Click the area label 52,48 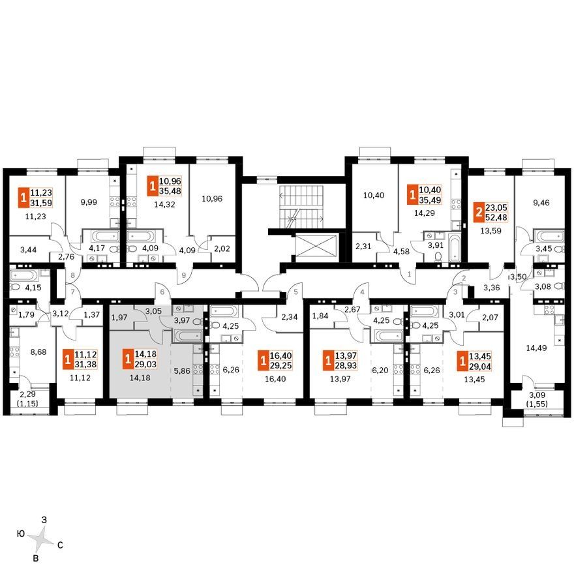pos(496,217)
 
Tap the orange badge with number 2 pos(479,213)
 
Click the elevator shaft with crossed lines pos(316,246)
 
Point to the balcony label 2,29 pos(28,395)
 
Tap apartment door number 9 pos(184,274)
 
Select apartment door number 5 pos(295,292)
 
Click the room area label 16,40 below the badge pos(275,379)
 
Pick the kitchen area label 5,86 pos(182,370)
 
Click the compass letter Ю pos(22,534)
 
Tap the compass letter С pos(61,545)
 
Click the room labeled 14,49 pos(537,348)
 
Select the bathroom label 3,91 pos(435,246)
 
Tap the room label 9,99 pos(89,202)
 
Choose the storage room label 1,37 pos(92,314)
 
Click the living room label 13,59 pos(491,231)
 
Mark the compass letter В pos(36,558)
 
